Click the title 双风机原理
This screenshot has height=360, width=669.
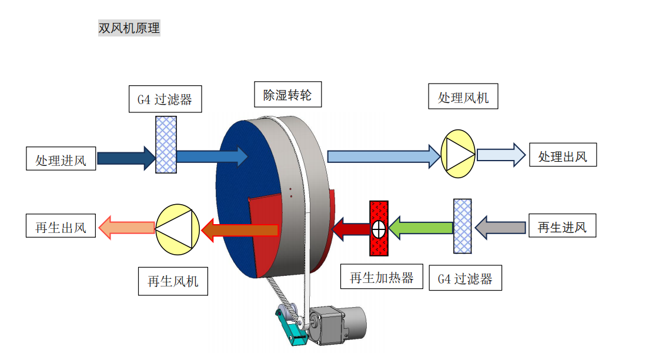[129, 28]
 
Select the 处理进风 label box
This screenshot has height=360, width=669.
[61, 159]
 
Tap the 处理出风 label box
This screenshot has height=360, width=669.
[563, 156]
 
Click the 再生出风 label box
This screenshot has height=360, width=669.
[61, 227]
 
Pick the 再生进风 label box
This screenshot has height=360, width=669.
[562, 227]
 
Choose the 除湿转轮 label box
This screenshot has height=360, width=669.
[287, 95]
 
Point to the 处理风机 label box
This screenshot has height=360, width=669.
[463, 97]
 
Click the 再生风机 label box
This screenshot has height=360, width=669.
[173, 281]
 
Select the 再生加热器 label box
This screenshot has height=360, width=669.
[382, 278]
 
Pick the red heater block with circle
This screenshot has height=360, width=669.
[379, 228]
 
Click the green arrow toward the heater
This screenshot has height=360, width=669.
[421, 228]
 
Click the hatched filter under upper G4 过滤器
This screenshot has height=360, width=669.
[166, 144]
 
